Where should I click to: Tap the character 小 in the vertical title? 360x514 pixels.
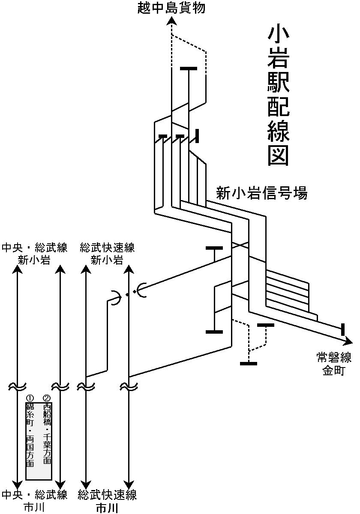point(278,39)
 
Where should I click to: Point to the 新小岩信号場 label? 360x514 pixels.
point(261,193)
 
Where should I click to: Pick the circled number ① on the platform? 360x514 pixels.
point(30,397)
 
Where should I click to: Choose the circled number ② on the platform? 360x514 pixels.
point(47,397)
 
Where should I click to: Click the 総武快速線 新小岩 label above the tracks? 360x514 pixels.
point(107,254)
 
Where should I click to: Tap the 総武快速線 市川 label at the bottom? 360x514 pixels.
point(107,502)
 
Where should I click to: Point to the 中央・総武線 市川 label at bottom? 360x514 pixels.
point(34,501)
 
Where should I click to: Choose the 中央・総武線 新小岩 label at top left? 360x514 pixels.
point(34,254)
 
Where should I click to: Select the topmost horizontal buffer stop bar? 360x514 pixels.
point(189,68)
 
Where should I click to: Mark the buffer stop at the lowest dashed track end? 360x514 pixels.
point(249,364)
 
